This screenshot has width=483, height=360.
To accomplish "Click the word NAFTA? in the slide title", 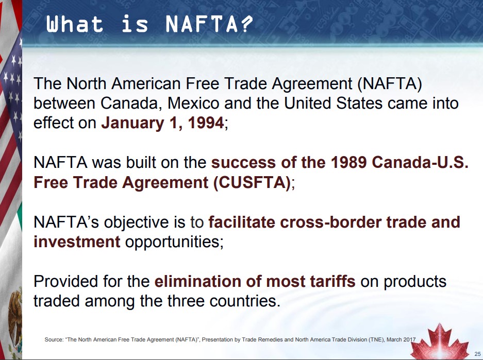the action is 209,24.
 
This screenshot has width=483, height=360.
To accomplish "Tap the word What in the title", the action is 75,24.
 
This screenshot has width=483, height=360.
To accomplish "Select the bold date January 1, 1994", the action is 162,123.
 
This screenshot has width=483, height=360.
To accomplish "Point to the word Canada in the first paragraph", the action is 131,104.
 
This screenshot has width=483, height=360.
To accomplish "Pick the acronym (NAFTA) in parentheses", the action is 389,84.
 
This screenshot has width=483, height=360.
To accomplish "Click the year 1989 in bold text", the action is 348,162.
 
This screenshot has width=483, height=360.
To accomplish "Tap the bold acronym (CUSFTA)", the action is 252,182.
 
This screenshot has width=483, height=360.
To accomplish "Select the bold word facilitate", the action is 242,222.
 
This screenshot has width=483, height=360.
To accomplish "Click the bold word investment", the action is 77,242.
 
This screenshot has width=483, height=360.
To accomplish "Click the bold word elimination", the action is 197,281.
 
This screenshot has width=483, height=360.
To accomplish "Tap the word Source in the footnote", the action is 54,340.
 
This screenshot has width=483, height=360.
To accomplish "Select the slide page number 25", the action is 477,354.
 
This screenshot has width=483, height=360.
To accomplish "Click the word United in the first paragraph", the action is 307,104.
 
